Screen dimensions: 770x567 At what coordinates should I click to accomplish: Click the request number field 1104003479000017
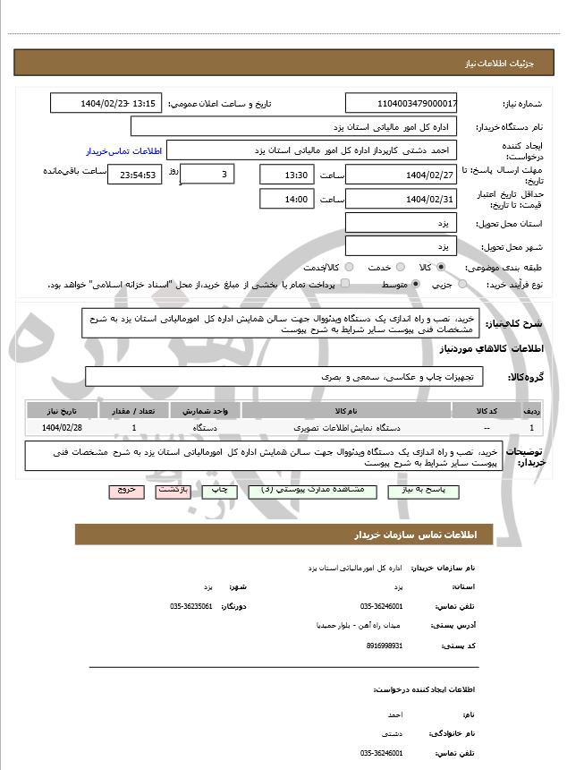point(401,104)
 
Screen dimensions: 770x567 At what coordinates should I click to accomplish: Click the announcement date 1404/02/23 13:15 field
point(106,104)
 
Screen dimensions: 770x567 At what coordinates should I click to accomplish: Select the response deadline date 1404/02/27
point(401,174)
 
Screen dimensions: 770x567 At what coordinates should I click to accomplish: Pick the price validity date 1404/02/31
point(401,199)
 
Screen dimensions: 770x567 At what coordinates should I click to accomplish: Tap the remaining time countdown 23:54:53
point(135,175)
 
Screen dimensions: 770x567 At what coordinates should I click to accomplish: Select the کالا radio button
point(441,267)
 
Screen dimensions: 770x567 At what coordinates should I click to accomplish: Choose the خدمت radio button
point(400,267)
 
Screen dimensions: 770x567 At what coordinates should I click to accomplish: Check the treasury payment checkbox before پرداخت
point(345,284)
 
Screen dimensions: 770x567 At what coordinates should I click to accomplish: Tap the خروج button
point(125,492)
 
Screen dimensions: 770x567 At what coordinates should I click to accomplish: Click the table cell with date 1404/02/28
point(62,429)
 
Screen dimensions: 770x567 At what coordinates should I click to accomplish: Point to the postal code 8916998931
point(385,645)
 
